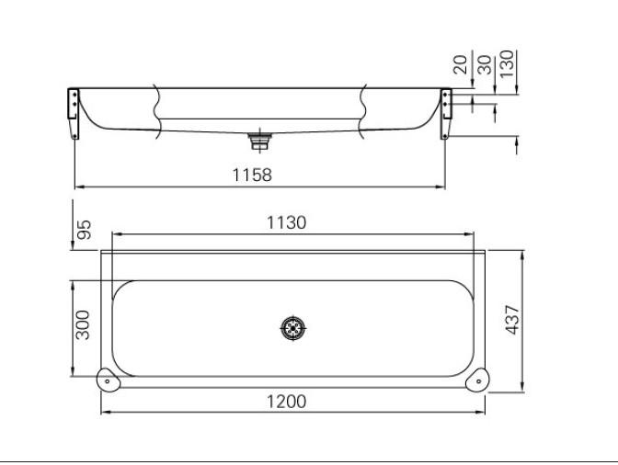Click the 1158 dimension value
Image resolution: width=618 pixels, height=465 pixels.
tap(252, 175)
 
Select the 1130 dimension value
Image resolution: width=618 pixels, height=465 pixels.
tap(287, 222)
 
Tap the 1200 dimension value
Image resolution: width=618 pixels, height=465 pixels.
tap(287, 402)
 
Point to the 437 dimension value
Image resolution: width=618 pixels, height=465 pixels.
tap(513, 320)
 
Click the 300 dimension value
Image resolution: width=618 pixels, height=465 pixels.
tap(83, 324)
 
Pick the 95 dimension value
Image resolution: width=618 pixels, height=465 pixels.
tap(84, 230)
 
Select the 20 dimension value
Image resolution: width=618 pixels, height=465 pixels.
tap(460, 64)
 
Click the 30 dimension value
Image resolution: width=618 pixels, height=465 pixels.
tap(485, 64)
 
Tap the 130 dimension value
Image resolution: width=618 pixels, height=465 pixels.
tap(507, 63)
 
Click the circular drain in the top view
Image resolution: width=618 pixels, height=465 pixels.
tap(292, 327)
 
